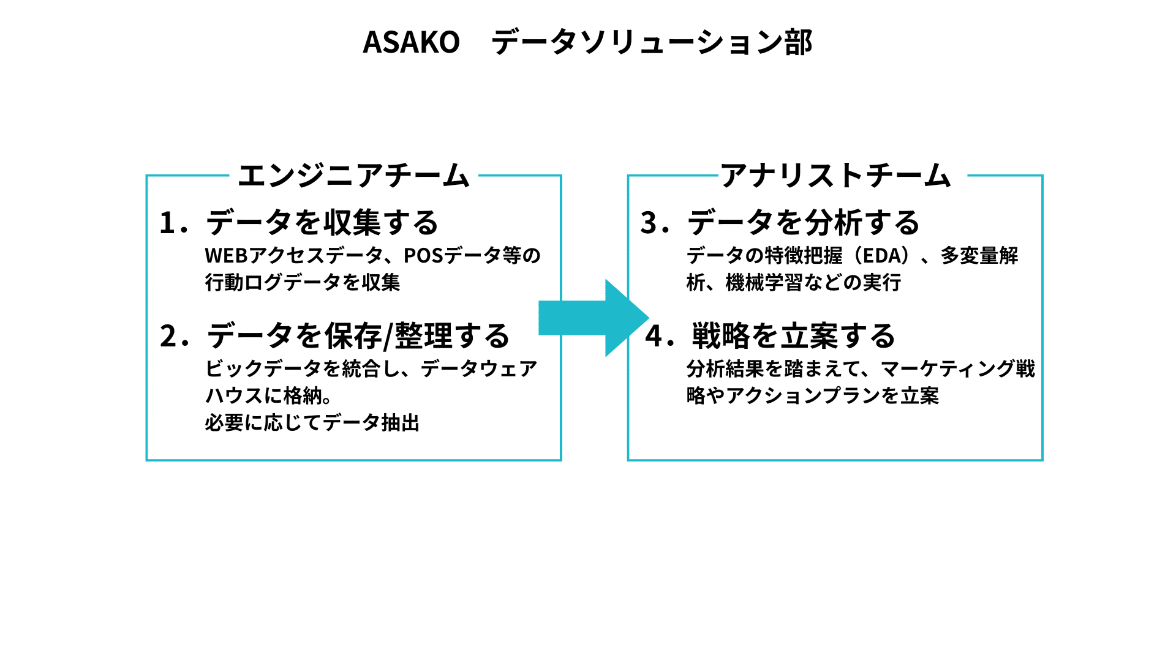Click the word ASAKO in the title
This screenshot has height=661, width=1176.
tap(411, 42)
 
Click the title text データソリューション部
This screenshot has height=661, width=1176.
tap(652, 42)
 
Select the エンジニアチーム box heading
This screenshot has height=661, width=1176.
tap(353, 176)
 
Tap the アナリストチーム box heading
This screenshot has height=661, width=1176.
tap(836, 176)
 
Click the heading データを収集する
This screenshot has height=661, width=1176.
tap(322, 223)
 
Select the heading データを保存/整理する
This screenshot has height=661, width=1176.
tap(358, 336)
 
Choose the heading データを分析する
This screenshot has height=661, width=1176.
tap(803, 223)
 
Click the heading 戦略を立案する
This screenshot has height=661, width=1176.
tap(793, 336)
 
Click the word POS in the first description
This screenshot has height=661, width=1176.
tap(423, 255)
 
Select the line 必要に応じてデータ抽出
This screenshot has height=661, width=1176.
tap(312, 423)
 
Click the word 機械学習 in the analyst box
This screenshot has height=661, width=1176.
tap(764, 283)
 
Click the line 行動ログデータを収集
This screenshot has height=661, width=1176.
tap(303, 283)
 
